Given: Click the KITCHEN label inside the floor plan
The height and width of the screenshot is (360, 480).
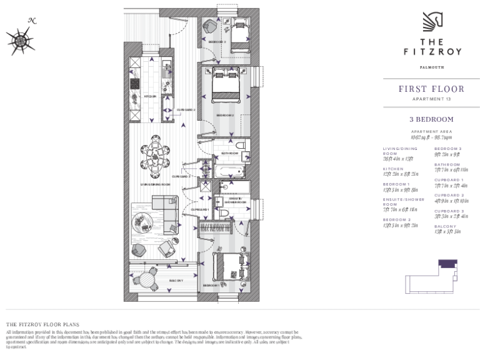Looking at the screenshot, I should pos(150,97).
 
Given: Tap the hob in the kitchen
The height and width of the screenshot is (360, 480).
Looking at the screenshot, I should pos(134,83).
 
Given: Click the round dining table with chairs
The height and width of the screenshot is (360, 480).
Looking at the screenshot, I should pos(155,154).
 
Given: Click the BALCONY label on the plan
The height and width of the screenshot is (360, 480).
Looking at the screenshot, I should pos(177,281).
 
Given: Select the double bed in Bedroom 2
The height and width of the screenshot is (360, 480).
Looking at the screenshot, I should pos(225,85).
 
